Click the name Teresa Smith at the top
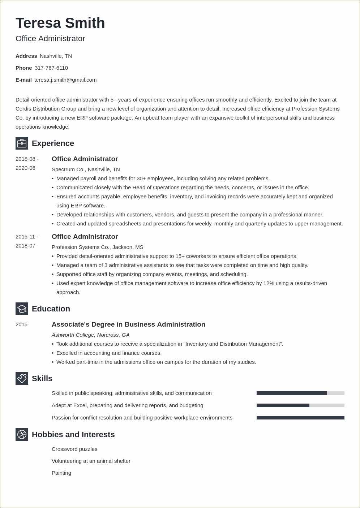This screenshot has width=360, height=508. (x=60, y=23)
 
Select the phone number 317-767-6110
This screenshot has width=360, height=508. (x=51, y=68)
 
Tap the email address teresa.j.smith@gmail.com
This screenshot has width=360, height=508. (x=65, y=80)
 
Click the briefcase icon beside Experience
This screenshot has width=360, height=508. (x=22, y=143)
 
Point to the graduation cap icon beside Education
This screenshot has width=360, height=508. (x=22, y=309)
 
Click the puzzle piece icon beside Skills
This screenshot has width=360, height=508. (x=22, y=379)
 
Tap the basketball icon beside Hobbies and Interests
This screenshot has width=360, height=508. (x=22, y=435)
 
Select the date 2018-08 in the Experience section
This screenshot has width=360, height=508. (x=25, y=159)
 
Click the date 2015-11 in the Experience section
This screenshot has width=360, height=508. (x=25, y=237)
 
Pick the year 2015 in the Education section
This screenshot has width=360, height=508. (x=21, y=324)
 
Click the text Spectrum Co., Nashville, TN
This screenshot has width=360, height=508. (x=86, y=169)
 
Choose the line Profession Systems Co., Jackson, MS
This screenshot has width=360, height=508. (x=97, y=247)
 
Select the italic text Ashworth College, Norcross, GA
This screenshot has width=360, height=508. (x=90, y=335)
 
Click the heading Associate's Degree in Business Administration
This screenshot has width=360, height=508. (x=128, y=324)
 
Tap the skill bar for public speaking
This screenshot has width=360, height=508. (x=300, y=393)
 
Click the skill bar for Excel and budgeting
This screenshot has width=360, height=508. (x=300, y=405)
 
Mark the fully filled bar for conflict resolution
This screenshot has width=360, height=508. (x=300, y=418)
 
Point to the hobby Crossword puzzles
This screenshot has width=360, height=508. (x=74, y=449)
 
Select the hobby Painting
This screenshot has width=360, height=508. (x=61, y=473)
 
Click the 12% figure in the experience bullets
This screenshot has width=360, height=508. (x=269, y=283)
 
